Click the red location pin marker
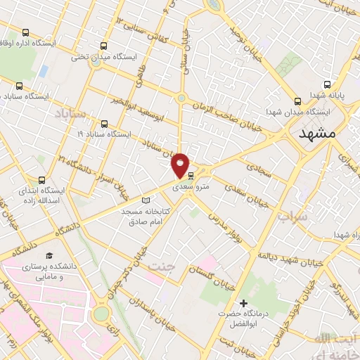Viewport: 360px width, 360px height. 181,165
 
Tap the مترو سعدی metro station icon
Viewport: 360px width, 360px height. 191,176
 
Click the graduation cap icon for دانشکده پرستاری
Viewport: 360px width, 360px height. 49,255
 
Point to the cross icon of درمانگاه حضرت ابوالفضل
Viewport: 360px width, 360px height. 243,304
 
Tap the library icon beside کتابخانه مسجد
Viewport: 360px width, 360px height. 146,200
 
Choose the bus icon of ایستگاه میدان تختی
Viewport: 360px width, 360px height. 104,44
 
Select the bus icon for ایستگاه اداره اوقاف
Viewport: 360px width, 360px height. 26,32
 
